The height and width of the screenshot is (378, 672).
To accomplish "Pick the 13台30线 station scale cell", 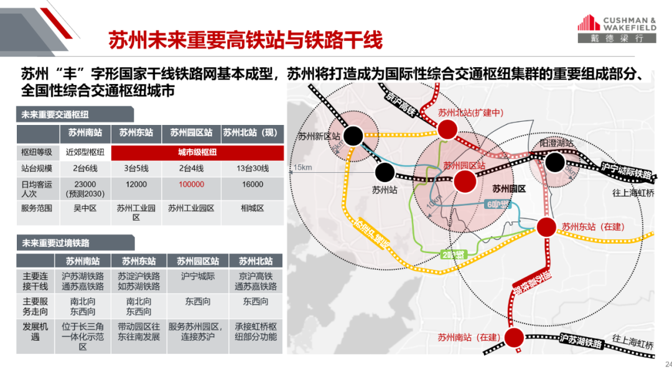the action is coord(253,167).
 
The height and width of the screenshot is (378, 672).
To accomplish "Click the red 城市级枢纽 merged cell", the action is coord(198,152).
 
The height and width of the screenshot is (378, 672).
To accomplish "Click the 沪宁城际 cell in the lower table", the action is coord(198,275).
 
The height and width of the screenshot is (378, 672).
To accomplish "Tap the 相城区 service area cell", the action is coord(253,208).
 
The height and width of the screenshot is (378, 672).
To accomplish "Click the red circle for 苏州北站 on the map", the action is coord(447,129).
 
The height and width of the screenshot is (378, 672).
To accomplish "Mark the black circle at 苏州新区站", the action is coord(354,136).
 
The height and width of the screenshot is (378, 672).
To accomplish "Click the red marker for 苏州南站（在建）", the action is coord(513,338).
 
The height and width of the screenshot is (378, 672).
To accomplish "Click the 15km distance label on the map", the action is coord(303,168).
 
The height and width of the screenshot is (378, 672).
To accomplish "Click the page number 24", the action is coord(668,364).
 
